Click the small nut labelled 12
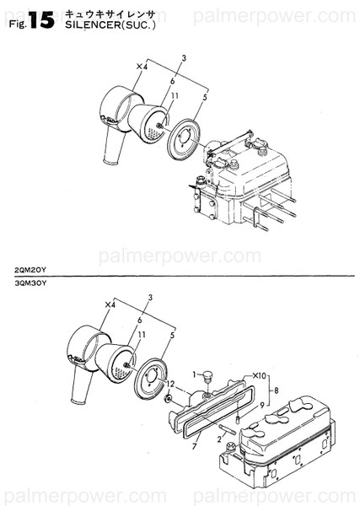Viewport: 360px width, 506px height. [x=171, y=396]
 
